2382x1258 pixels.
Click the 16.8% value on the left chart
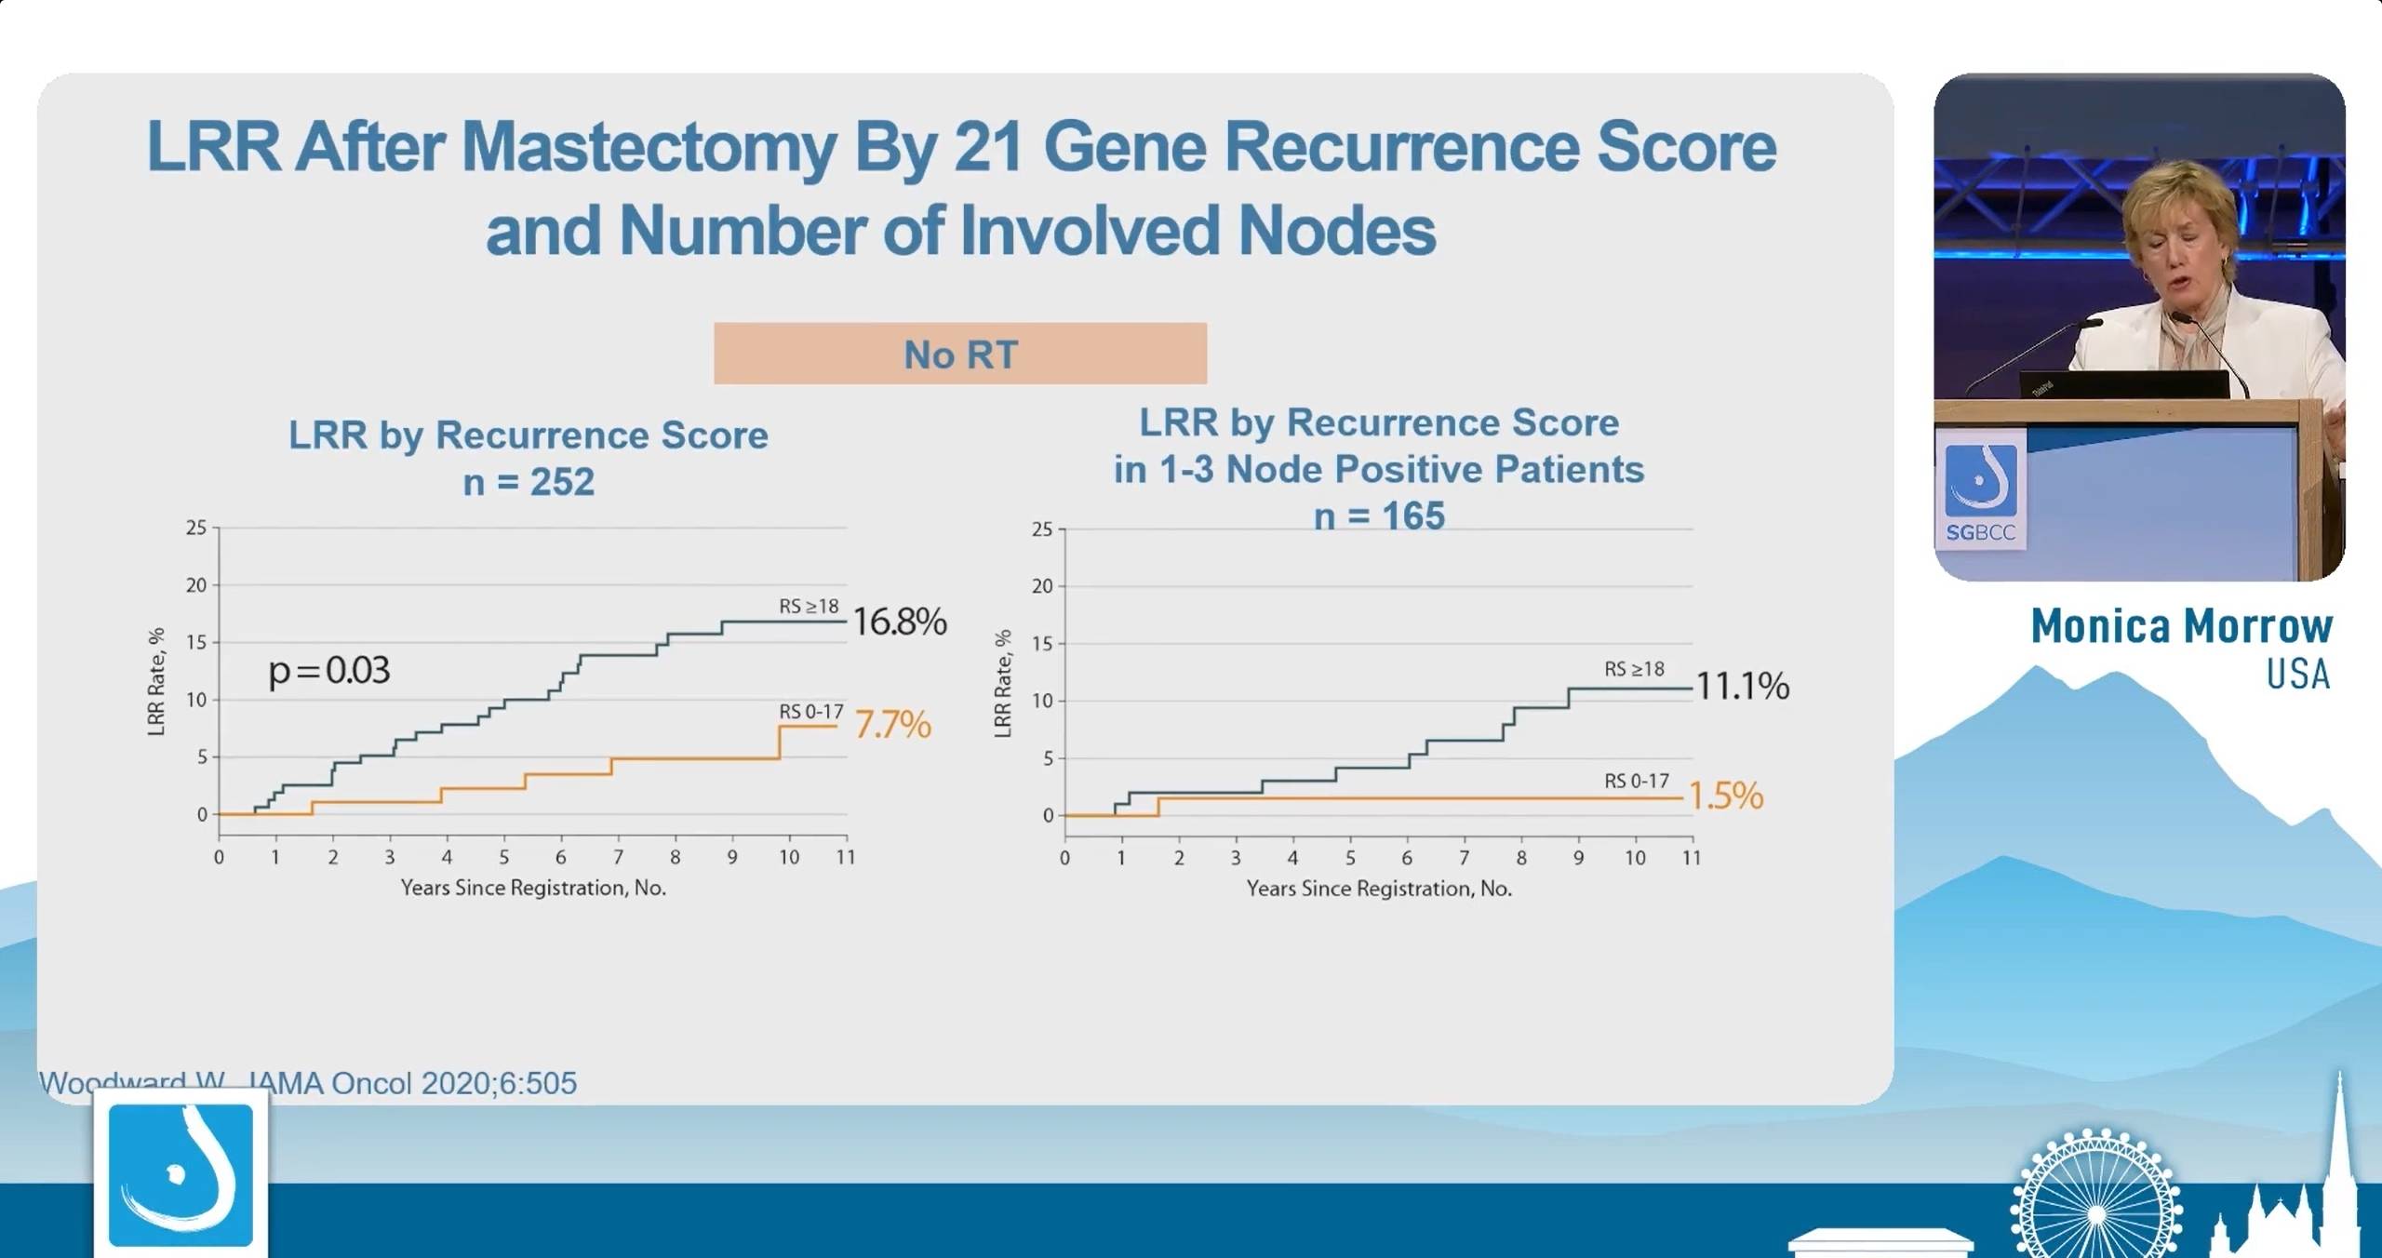click(899, 622)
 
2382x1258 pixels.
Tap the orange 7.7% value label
click(892, 724)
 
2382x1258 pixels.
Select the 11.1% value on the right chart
click(1742, 686)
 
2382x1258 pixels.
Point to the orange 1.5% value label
click(1725, 796)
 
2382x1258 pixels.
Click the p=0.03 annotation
click(328, 670)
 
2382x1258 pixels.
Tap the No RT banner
click(960, 354)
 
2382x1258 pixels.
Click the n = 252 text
click(529, 482)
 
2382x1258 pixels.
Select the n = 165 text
click(1379, 515)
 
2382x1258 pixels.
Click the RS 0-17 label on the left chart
click(810, 712)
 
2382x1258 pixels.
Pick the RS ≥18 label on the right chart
click(1634, 669)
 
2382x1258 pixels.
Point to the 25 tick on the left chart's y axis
click(196, 528)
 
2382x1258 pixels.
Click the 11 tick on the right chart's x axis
click(1692, 857)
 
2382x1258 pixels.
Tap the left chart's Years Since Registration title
click(533, 888)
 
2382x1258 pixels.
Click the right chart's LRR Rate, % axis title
click(1003, 684)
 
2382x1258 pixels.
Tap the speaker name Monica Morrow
click(2181, 625)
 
